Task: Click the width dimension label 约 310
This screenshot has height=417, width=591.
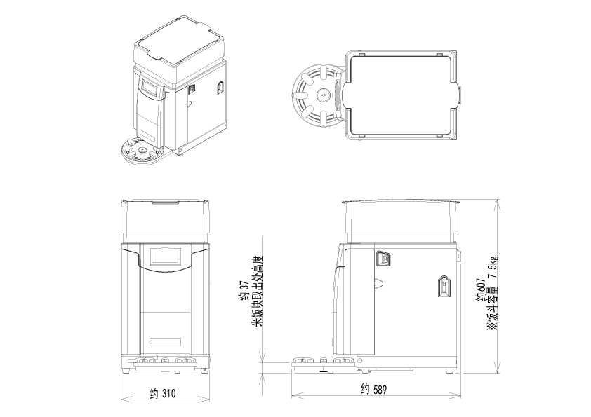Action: coord(163,394)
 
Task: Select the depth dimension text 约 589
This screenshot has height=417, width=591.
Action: coord(373,389)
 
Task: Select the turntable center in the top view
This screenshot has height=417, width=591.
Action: coord(322,94)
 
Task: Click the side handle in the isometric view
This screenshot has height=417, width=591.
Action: coord(219,88)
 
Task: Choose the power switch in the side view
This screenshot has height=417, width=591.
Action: coord(384,259)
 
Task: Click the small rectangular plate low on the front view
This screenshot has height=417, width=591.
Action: coord(166,344)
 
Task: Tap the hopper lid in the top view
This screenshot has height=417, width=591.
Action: coord(400,93)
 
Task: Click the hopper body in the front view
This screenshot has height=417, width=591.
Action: coord(166,219)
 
